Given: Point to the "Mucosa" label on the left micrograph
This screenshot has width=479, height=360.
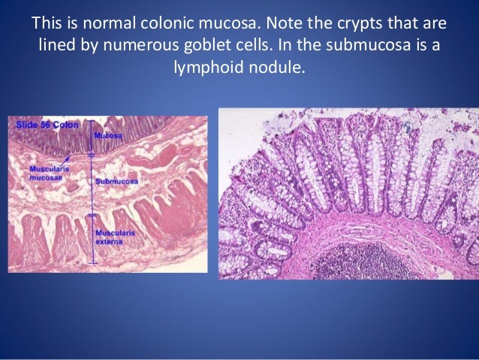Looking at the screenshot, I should click(107, 136).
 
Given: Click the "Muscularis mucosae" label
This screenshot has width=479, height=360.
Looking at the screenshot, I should click(45, 174).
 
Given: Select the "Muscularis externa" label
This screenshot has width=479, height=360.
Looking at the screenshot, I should click(115, 237).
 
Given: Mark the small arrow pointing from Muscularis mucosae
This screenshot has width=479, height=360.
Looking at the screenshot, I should click(68, 159).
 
